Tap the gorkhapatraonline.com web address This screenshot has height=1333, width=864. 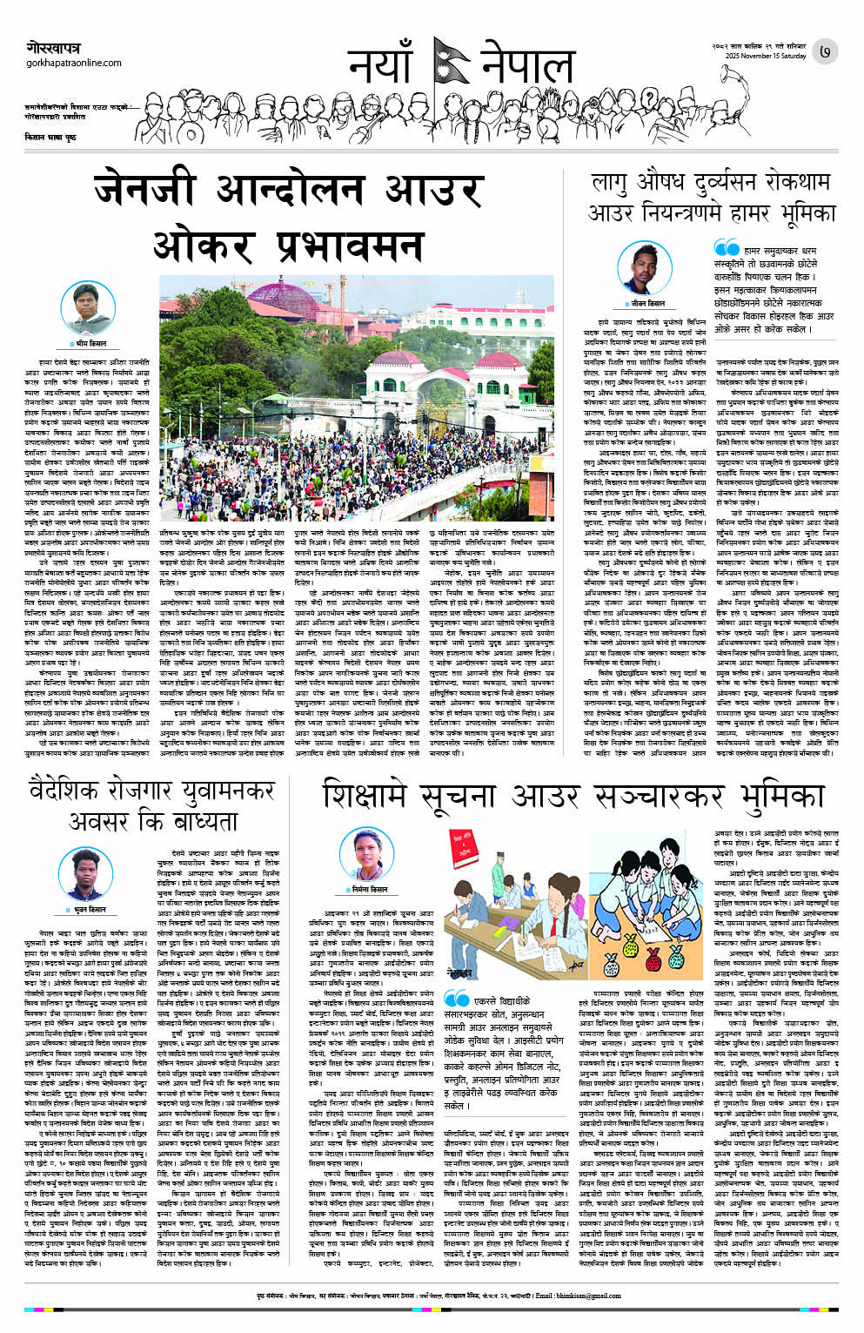point(74,63)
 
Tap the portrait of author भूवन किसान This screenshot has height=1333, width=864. point(89,873)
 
